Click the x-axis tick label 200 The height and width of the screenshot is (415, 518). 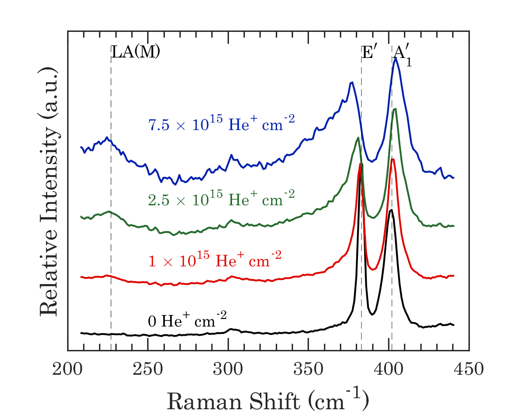(68, 368)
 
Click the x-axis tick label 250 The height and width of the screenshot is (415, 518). (148, 368)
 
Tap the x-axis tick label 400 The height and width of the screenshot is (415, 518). (389, 368)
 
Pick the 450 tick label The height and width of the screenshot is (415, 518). (469, 368)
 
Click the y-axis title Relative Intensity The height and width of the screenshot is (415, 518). (50, 192)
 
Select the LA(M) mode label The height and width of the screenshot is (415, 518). (135, 52)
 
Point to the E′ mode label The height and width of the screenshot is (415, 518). (369, 52)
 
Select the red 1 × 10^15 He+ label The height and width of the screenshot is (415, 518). (214, 259)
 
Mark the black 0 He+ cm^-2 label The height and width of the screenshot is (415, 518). (187, 319)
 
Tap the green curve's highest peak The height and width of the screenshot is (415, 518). (395, 109)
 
